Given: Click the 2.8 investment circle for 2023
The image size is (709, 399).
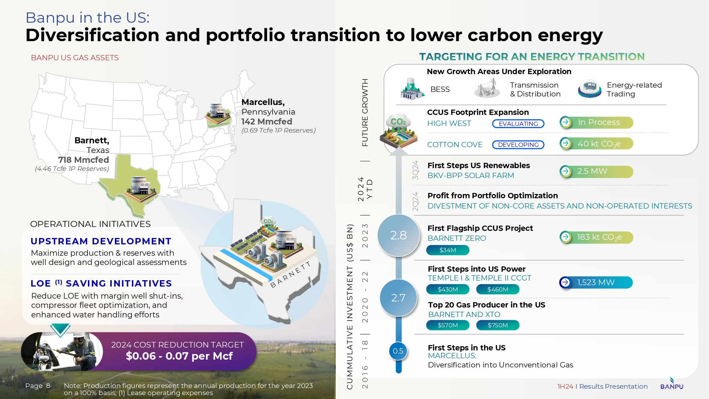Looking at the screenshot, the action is click(398, 235).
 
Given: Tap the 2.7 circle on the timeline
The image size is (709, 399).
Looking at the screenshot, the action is click(398, 298).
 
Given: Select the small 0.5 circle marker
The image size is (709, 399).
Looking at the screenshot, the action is click(398, 351).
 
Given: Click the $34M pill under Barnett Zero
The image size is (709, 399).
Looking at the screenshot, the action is click(448, 250).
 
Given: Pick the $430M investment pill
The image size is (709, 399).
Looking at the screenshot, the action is click(448, 289).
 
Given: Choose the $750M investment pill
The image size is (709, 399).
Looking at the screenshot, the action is click(498, 325).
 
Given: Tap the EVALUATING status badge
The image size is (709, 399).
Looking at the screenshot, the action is click(518, 124).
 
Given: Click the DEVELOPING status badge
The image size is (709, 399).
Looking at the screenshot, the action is click(518, 145).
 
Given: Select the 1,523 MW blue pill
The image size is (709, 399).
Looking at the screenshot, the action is click(596, 282).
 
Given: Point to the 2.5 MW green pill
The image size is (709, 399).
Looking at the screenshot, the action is click(596, 171).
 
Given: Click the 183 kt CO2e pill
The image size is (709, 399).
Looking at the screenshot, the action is click(596, 237).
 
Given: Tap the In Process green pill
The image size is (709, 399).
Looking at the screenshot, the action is click(596, 122).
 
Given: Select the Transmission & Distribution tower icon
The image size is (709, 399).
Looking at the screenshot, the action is click(487, 88).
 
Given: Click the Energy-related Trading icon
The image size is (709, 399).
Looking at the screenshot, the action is click(590, 89).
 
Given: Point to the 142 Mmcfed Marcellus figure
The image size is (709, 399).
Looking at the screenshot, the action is click(267, 122).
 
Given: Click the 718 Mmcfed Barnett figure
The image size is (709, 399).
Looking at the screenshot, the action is click(84, 160).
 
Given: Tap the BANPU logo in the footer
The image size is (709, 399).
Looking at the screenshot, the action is click(672, 384).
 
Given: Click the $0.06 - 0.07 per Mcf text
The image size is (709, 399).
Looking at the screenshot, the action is click(179, 356).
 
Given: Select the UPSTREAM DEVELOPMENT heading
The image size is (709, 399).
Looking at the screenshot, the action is click(101, 241).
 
